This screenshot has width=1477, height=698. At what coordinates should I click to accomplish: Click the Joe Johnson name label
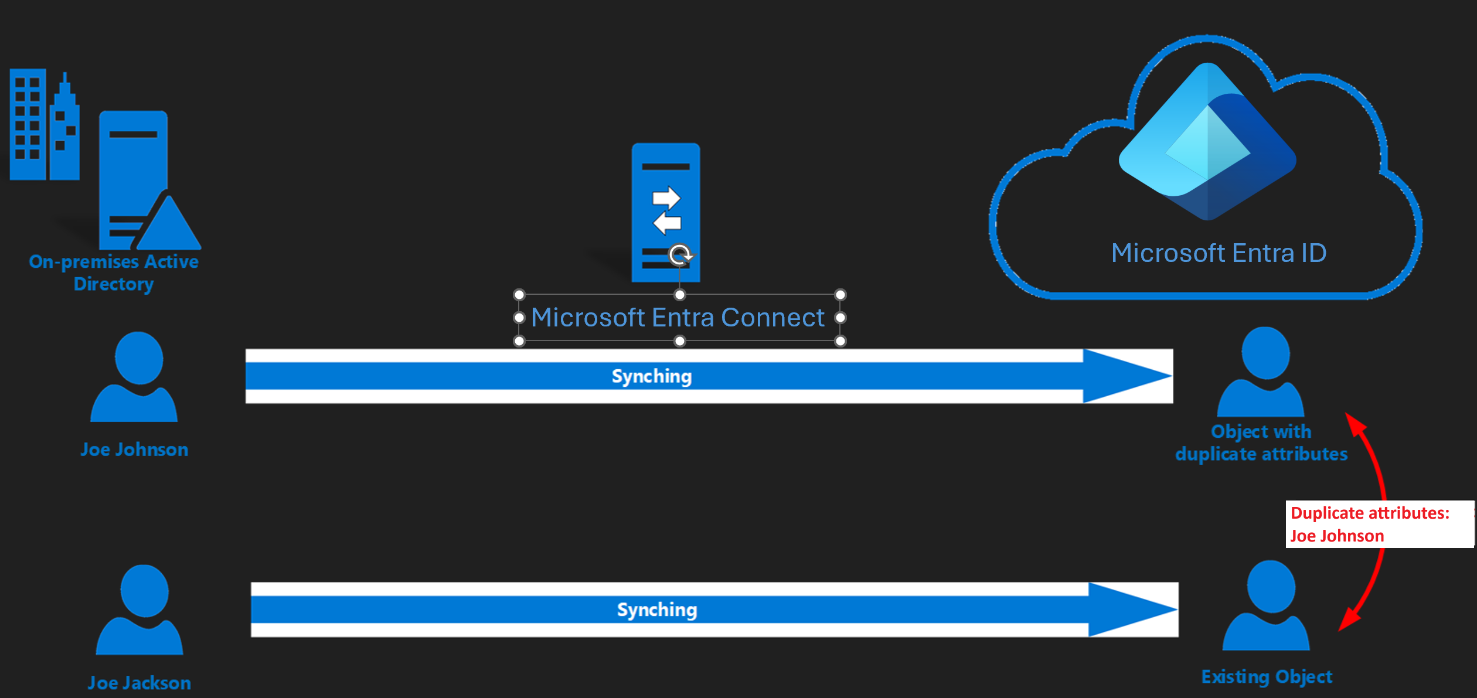[x=134, y=450]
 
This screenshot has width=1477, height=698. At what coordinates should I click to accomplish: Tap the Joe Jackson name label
[x=139, y=683]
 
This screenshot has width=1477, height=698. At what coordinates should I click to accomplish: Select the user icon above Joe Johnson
[x=135, y=378]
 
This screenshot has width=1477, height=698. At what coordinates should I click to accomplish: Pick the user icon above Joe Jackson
[x=139, y=611]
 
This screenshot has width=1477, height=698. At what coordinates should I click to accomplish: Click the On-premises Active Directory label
[x=114, y=273]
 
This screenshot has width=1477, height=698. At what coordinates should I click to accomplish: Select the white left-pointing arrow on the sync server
[x=668, y=223]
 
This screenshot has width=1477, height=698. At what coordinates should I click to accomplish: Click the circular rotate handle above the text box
[x=680, y=255]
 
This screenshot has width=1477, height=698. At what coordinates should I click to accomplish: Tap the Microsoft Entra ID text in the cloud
[x=1219, y=253]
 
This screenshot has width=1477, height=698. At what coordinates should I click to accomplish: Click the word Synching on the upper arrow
[x=652, y=376]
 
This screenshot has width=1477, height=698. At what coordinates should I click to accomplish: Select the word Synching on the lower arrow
[x=657, y=610]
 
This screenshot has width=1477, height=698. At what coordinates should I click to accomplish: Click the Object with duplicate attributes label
[x=1261, y=442]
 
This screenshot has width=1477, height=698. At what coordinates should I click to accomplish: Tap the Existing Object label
[x=1267, y=677]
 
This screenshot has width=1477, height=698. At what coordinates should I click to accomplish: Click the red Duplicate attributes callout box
[x=1379, y=525]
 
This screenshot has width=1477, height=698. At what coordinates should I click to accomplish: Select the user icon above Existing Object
[x=1267, y=607]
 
